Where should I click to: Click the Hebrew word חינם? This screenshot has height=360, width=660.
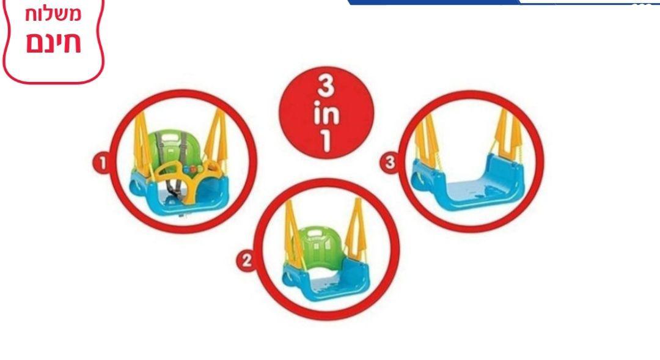click(53, 43)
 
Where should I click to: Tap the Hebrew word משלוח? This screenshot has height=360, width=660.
click(53, 14)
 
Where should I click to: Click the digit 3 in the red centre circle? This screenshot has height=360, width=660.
click(325, 86)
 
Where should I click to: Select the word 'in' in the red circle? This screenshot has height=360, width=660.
click(326, 114)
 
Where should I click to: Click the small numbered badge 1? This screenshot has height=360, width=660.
click(101, 163)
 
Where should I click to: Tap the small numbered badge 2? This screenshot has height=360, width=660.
click(246, 260)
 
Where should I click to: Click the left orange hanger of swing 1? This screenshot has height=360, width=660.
click(142, 143)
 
